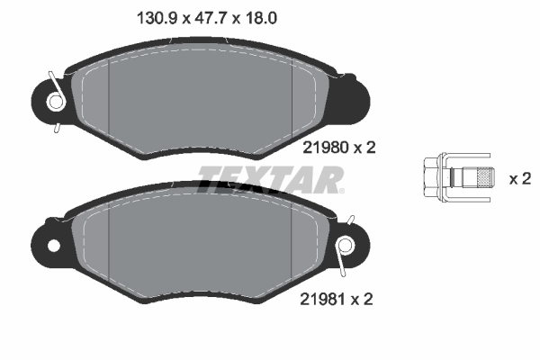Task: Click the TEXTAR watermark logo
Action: (x=270, y=180)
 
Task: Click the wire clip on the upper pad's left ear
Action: (x=55, y=98)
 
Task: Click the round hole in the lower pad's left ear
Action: (x=54, y=245)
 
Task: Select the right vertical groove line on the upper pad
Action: (x=293, y=99)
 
